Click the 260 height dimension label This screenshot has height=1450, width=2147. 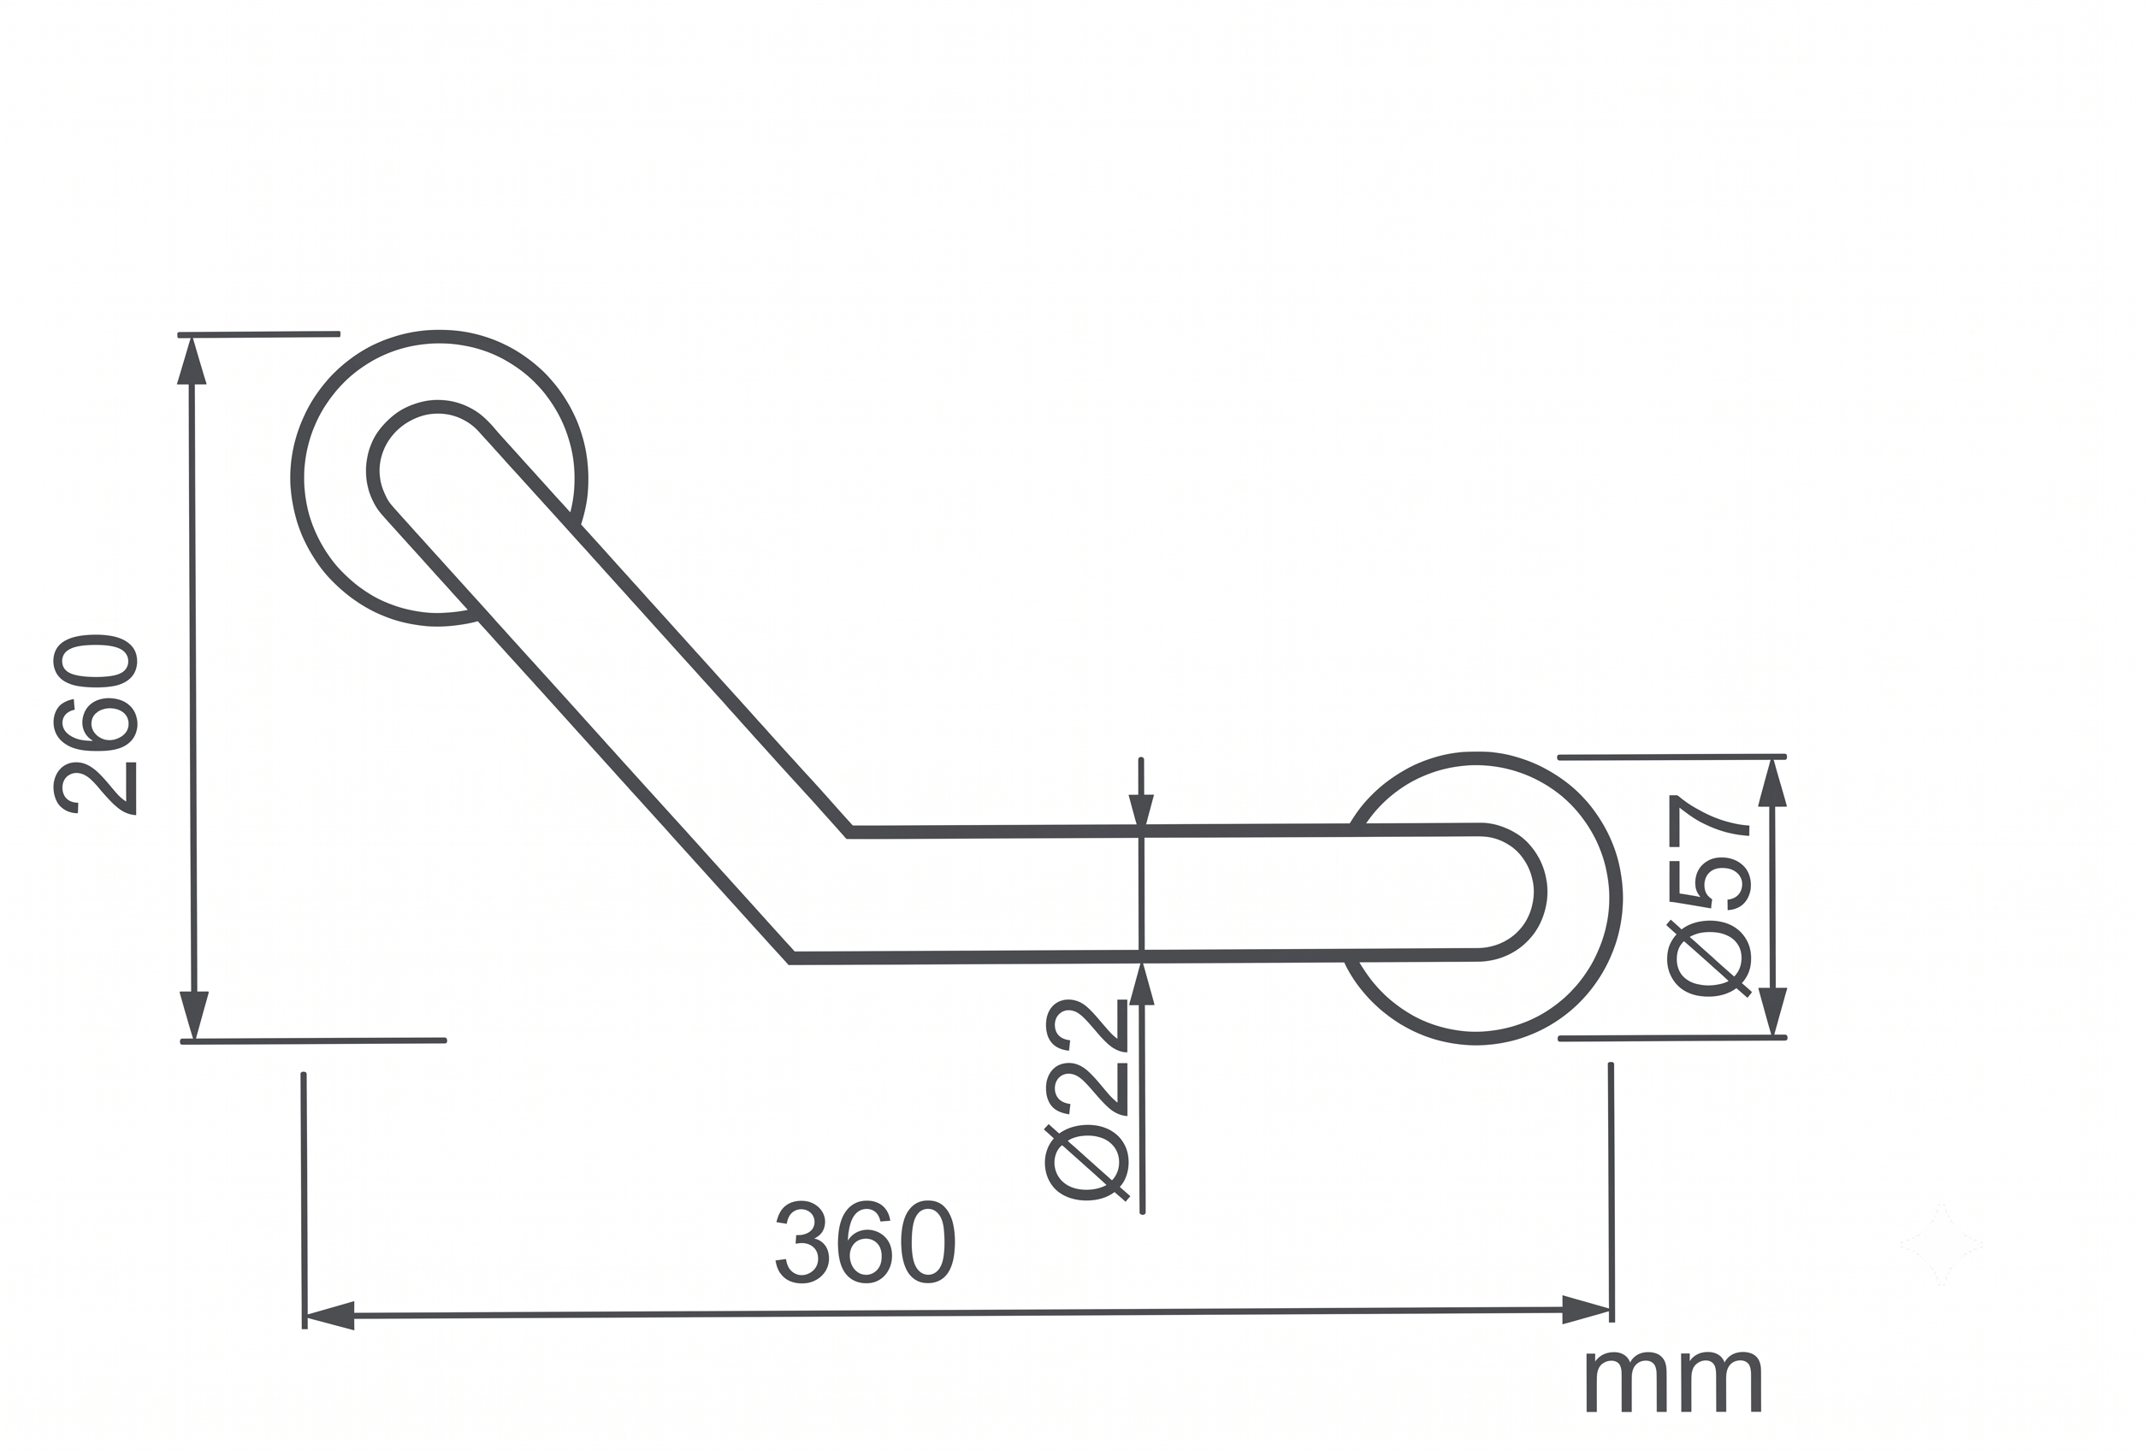(96, 724)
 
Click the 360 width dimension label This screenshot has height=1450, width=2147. (865, 1241)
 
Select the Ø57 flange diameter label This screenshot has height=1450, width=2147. (1709, 896)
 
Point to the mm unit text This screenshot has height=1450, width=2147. (1674, 1382)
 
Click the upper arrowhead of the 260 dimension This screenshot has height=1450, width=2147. (192, 360)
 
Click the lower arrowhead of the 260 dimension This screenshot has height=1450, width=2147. (194, 1015)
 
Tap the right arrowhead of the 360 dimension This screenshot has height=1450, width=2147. (1586, 1310)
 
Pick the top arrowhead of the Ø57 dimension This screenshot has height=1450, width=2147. (1772, 783)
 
